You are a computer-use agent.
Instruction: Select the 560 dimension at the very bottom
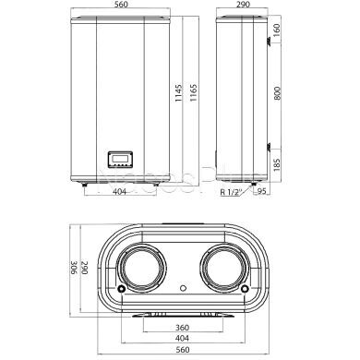click(181, 353)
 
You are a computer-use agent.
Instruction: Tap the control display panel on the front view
click(120, 160)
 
